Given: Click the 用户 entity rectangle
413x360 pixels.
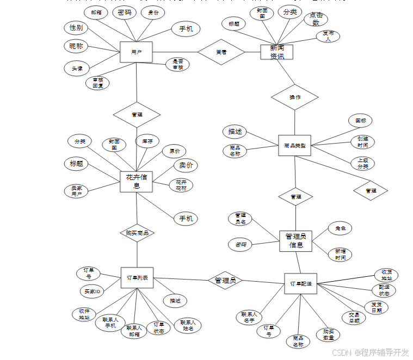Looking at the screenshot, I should pyautogui.click(x=136, y=52).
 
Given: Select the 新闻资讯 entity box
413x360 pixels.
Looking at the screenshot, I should pyautogui.click(x=276, y=52).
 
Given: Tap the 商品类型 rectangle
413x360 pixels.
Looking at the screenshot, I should pyautogui.click(x=294, y=146).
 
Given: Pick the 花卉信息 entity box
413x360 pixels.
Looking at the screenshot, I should pyautogui.click(x=136, y=182).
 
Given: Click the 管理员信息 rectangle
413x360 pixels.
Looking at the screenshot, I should pyautogui.click(x=296, y=240).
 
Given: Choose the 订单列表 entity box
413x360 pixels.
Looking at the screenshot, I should pyautogui.click(x=137, y=278).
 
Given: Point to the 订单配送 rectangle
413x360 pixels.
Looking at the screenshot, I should pyautogui.click(x=300, y=284).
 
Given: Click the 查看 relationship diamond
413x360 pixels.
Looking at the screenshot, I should pyautogui.click(x=221, y=52).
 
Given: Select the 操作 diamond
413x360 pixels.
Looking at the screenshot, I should pyautogui.click(x=294, y=97).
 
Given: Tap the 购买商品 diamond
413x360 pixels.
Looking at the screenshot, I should pyautogui.click(x=137, y=232).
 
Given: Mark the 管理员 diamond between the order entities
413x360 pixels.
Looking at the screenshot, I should pyautogui.click(x=225, y=281).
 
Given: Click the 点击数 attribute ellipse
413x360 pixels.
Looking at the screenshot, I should pyautogui.click(x=316, y=19).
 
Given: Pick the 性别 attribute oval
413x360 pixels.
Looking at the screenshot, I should pyautogui.click(x=76, y=28).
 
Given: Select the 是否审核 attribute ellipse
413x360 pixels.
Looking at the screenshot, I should pyautogui.click(x=177, y=64).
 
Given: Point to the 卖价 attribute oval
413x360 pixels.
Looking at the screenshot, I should pyautogui.click(x=186, y=165).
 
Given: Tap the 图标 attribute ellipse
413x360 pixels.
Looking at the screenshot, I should pyautogui.click(x=361, y=121).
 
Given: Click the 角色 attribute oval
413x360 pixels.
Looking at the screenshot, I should pyautogui.click(x=341, y=228).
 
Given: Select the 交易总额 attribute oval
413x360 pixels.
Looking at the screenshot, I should pyautogui.click(x=354, y=318).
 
